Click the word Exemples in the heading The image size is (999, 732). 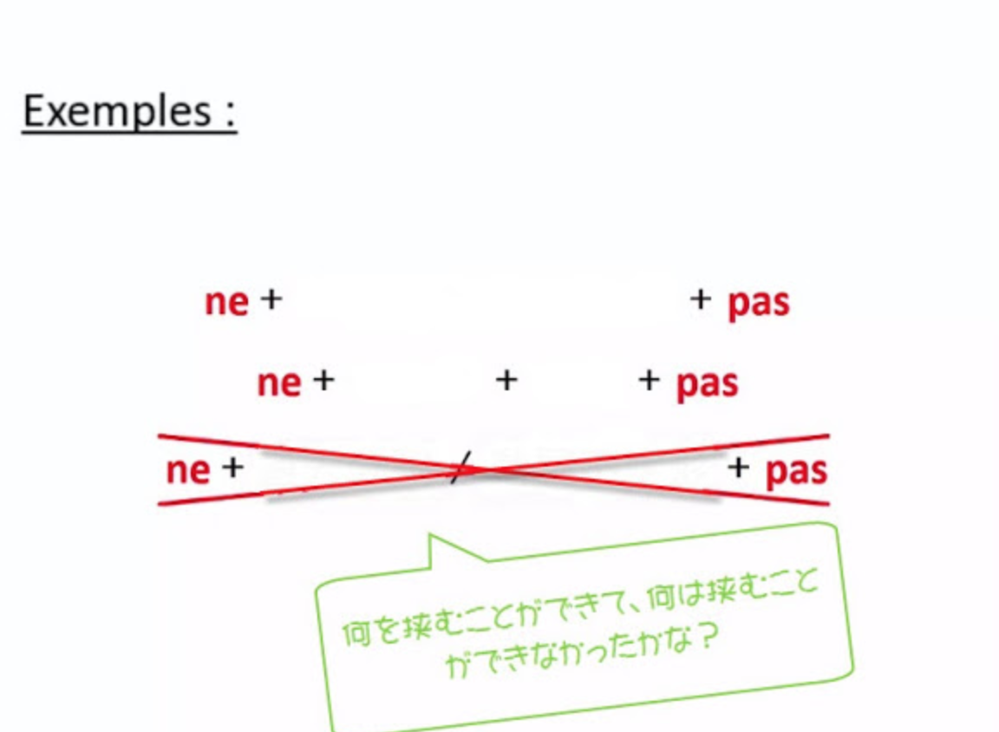[116, 111]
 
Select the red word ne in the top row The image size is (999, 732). [226, 302]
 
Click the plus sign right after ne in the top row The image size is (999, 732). [271, 299]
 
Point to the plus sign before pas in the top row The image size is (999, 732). [700, 299]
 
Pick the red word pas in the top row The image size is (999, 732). [759, 304]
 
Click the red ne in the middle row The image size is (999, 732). [278, 383]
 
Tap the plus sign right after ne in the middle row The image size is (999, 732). [323, 381]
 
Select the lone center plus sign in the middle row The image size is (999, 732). [506, 381]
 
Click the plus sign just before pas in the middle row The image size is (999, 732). [649, 381]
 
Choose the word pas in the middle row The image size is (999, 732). [708, 385]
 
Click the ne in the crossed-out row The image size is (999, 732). [188, 471]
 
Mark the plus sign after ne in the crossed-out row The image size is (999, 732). [232, 467]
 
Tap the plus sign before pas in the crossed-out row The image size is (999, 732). [738, 467]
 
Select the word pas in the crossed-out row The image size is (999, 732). [796, 472]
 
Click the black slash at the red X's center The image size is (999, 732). [460, 467]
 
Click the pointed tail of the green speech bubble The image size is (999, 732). [431, 535]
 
